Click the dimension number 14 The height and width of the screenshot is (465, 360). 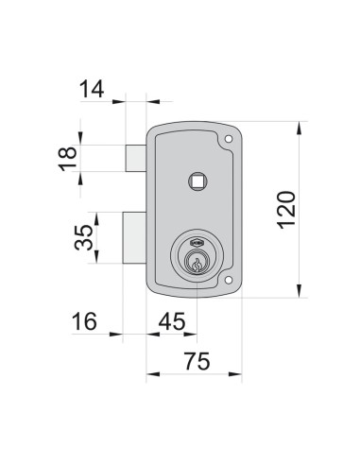pos(93,91)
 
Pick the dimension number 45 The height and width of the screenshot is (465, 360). pos(170,321)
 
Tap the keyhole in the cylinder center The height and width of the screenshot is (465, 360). pos(196,265)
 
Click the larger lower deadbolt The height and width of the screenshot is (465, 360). pos(133,239)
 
